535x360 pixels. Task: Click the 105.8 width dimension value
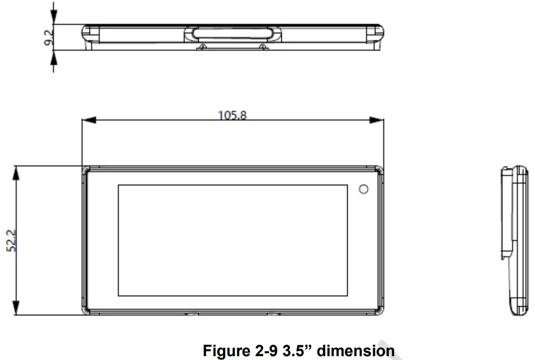[232, 115]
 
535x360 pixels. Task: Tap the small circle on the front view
[364, 189]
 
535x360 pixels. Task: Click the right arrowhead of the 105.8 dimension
[377, 120]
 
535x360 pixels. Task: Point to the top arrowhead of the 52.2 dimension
[17, 173]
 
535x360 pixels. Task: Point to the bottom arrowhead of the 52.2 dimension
[17, 308]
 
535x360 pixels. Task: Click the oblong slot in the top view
[233, 34]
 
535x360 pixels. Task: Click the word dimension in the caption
[356, 351]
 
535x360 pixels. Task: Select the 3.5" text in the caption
[297, 351]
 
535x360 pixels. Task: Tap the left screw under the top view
[203, 46]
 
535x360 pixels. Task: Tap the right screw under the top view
[262, 46]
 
